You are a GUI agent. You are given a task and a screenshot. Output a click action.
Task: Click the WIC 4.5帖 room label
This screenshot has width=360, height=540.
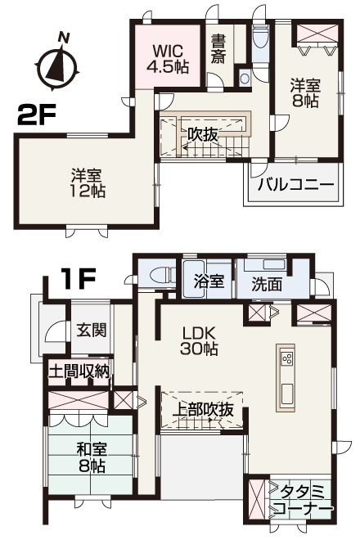point(168,59)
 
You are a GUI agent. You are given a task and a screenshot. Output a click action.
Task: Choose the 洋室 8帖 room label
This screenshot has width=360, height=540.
point(305,92)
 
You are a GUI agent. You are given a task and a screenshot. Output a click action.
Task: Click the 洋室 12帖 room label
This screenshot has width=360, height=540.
point(88,183)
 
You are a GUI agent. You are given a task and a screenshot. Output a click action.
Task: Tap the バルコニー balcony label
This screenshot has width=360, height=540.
point(297,185)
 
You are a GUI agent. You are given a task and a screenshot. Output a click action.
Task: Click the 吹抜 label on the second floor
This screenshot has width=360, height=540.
point(203,134)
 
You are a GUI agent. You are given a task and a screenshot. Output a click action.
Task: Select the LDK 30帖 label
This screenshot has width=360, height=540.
point(199,341)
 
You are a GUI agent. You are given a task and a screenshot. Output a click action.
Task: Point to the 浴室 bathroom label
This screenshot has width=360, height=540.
point(209,281)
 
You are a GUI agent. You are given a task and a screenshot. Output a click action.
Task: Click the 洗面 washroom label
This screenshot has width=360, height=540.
point(267,284)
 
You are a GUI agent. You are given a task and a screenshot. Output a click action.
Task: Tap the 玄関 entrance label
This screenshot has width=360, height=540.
point(92,330)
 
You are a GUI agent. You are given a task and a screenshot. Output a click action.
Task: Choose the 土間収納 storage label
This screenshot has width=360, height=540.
point(79,371)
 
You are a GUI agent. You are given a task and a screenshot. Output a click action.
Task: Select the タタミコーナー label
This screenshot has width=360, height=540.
point(303,501)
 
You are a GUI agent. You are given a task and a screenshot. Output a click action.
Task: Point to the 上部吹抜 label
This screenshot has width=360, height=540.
point(203,409)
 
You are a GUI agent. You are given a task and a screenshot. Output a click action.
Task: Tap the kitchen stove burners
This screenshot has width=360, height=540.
point(287,358)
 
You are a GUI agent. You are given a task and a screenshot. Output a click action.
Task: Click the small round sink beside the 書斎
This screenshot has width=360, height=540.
point(245,79)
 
